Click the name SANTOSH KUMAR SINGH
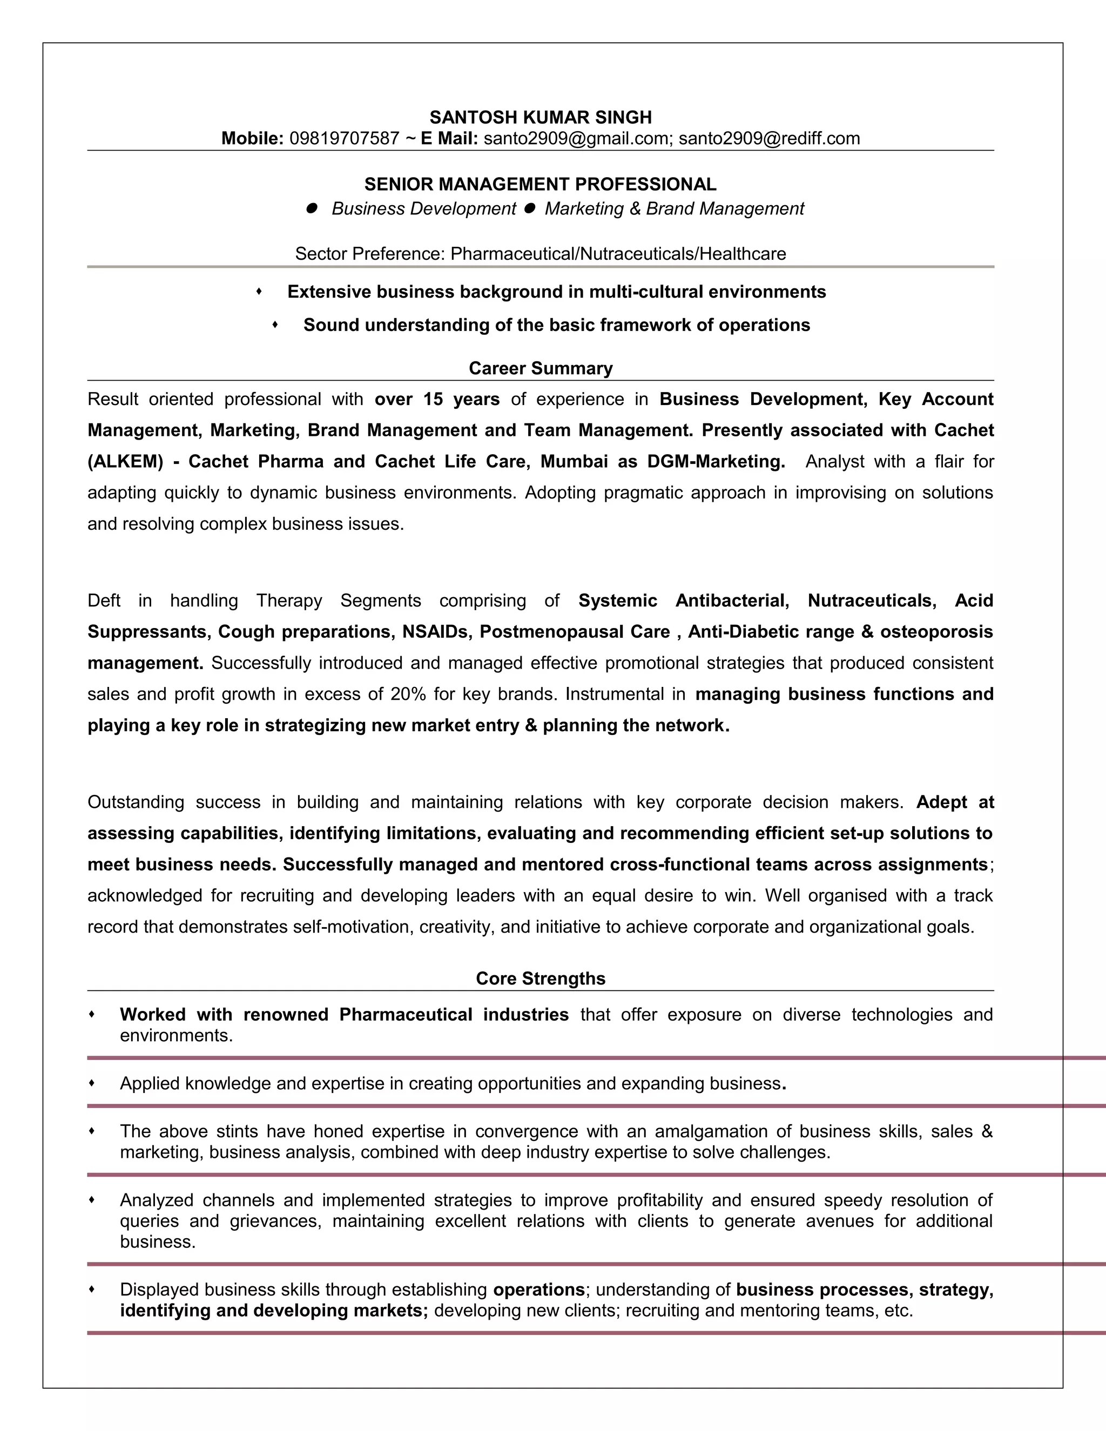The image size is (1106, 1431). click(541, 117)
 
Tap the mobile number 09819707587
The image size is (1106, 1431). click(344, 138)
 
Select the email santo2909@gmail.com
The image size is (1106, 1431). click(575, 138)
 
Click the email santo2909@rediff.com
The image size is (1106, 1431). click(768, 138)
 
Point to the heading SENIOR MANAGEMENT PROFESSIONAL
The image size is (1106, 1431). click(541, 184)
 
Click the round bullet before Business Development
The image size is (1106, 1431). click(312, 208)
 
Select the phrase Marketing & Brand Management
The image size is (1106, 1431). click(674, 208)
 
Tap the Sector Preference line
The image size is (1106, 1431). click(541, 254)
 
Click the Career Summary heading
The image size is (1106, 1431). click(541, 368)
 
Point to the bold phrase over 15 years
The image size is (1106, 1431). click(437, 399)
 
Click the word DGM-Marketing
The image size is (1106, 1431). click(716, 461)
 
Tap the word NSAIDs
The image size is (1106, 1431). click(436, 632)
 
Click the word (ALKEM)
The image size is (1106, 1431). click(125, 461)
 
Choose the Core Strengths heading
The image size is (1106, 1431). click(541, 978)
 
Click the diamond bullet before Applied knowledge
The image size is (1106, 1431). click(92, 1083)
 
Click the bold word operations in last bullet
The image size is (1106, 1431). click(538, 1290)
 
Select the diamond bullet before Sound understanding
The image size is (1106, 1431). click(275, 325)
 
